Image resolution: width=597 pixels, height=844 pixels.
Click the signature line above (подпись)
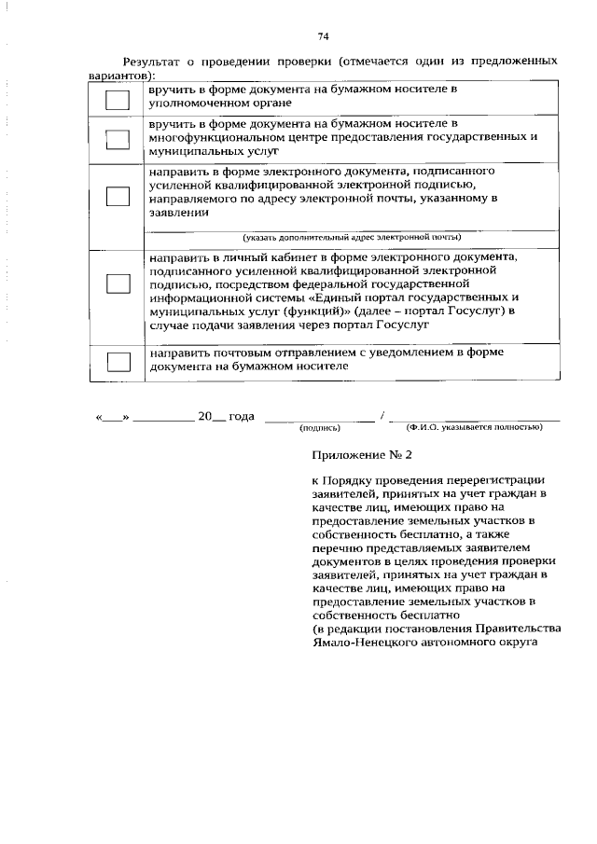click(320, 420)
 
